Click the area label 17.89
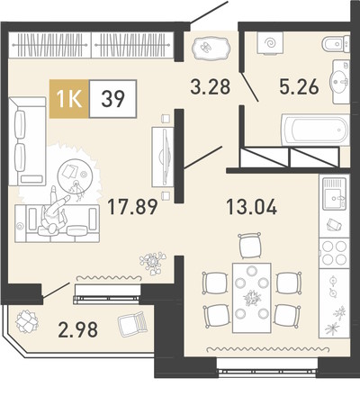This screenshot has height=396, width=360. (132, 207)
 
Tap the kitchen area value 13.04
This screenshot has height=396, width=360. (251, 207)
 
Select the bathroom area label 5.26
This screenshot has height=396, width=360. (299, 86)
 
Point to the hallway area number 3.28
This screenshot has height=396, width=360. (211, 86)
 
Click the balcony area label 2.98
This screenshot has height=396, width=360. (78, 329)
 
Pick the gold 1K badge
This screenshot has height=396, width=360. (69, 99)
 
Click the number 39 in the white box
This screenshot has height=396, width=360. (112, 99)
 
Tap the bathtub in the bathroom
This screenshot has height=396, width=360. (315, 130)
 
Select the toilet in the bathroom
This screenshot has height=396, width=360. (336, 44)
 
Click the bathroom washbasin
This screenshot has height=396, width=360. (340, 82)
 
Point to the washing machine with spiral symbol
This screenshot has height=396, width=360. (270, 43)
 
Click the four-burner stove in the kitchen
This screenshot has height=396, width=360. (334, 253)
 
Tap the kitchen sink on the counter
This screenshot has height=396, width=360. (334, 193)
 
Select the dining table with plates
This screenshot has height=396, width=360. (252, 298)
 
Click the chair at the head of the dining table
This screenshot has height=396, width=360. (249, 245)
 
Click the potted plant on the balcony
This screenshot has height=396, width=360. (27, 321)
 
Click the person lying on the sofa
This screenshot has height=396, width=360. (57, 211)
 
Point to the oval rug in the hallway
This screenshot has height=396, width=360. (211, 48)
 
